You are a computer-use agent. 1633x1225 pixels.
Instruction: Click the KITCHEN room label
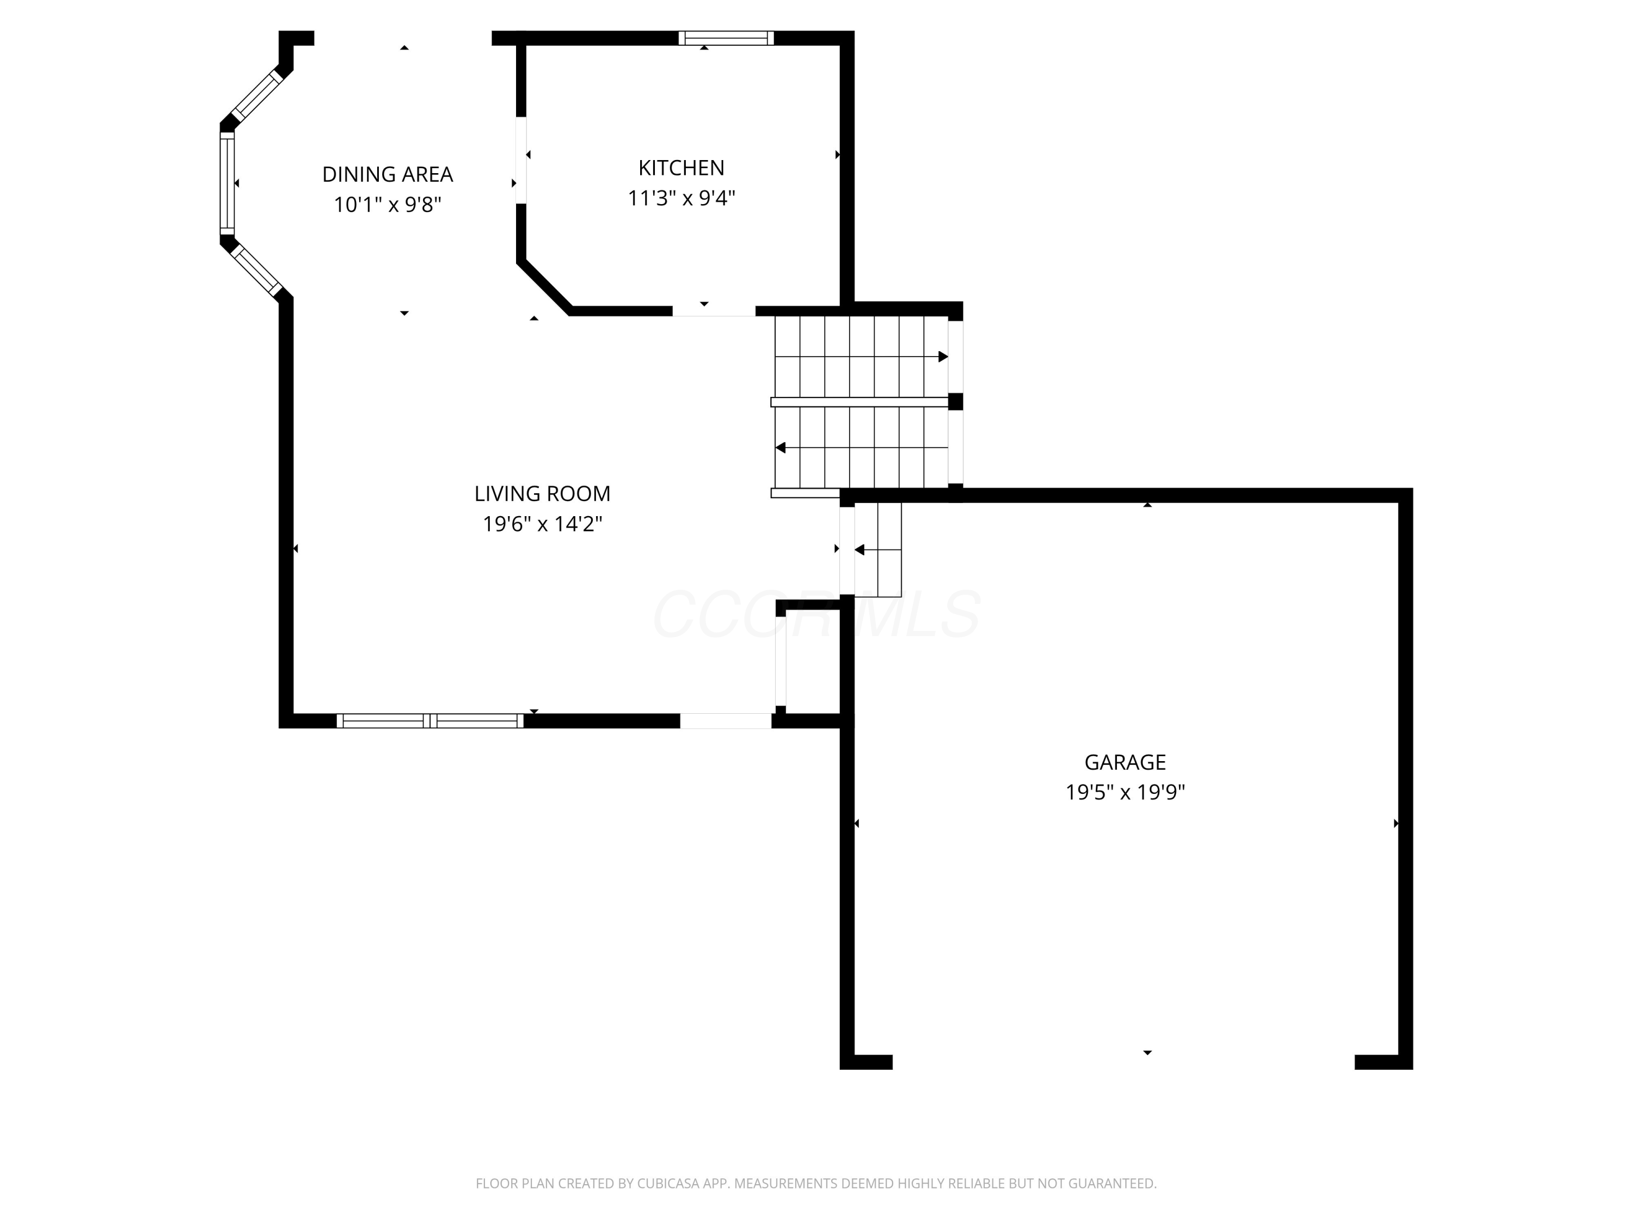pyautogui.click(x=680, y=168)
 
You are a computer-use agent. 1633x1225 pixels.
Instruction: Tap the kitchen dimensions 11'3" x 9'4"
pyautogui.click(x=680, y=198)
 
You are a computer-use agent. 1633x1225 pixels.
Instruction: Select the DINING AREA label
pyautogui.click(x=387, y=174)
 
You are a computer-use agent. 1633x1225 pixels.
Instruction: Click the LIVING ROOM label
pyautogui.click(x=542, y=493)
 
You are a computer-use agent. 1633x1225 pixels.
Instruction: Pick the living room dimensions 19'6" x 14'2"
pyautogui.click(x=542, y=524)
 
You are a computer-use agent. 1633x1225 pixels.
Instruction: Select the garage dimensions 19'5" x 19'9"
pyautogui.click(x=1125, y=792)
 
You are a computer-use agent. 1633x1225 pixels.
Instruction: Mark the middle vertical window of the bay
pyautogui.click(x=226, y=183)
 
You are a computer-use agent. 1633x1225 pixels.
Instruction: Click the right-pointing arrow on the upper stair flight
pyautogui.click(x=942, y=357)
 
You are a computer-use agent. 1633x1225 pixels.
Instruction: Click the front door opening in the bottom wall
pyautogui.click(x=725, y=721)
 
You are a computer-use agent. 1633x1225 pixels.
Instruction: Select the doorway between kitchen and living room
pyautogui.click(x=713, y=311)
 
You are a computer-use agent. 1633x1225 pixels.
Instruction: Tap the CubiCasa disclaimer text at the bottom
pyautogui.click(x=816, y=1183)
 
